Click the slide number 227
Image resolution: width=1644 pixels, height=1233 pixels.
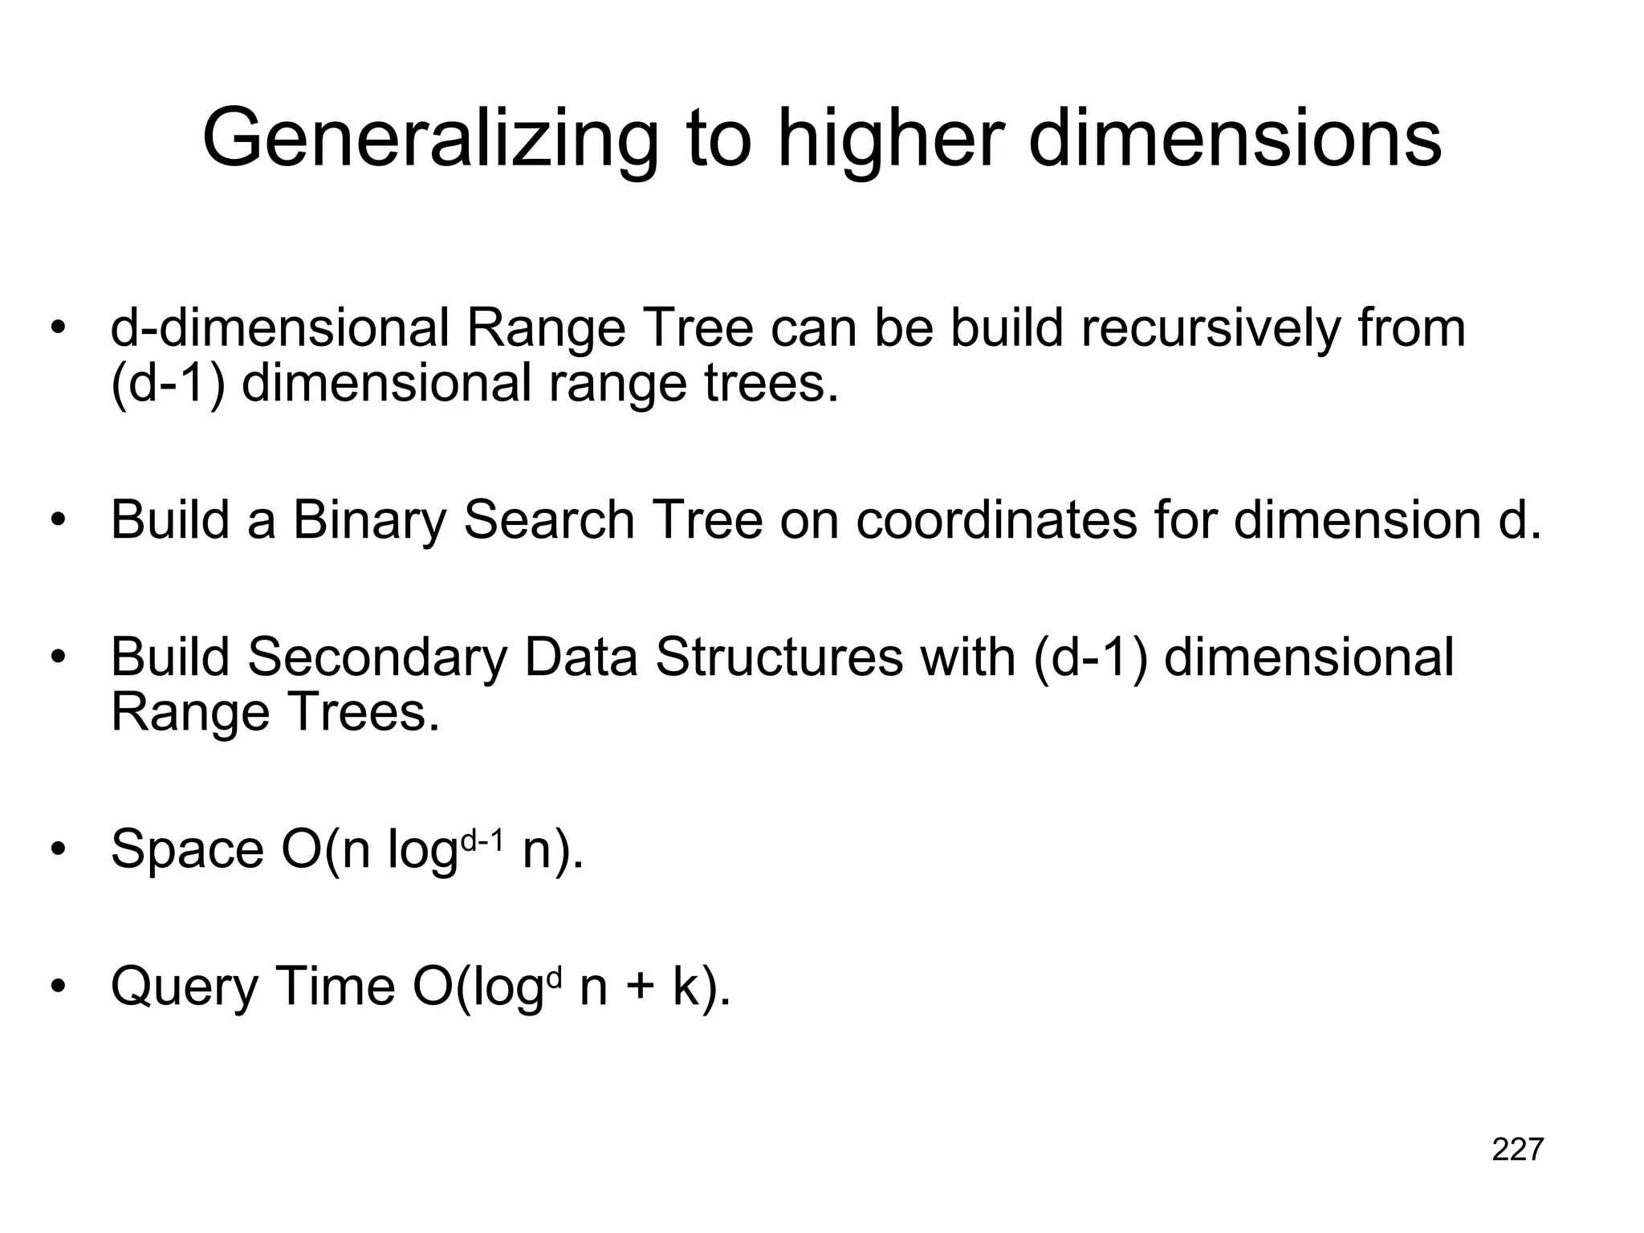(1517, 1150)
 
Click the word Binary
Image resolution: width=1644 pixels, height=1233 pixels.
(368, 520)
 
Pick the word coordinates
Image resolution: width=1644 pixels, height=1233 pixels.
(996, 520)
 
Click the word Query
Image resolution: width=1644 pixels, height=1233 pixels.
(184, 987)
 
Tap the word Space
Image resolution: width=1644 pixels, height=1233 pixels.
(187, 850)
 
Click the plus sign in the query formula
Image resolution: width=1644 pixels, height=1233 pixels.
(640, 987)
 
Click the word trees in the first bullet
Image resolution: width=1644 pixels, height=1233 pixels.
(771, 384)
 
